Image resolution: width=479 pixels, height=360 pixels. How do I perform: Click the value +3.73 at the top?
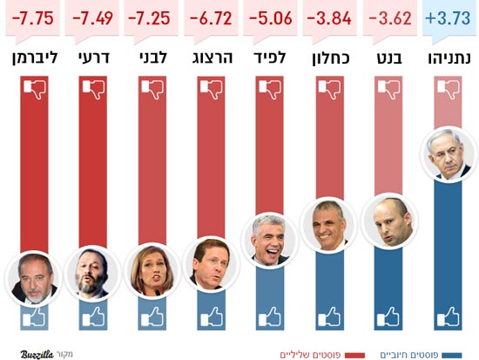point(449,18)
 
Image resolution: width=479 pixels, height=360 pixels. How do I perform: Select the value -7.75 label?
point(32,18)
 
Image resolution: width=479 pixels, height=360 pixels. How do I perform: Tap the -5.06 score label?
point(269,18)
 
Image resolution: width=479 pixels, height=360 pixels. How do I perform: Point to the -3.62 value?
point(388,18)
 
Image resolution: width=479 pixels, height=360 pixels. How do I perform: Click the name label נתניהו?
point(449,59)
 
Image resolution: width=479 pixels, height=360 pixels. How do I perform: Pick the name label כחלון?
point(329,59)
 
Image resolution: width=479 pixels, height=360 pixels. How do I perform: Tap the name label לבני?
point(151,59)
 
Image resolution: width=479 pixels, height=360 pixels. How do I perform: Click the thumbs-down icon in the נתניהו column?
point(449,89)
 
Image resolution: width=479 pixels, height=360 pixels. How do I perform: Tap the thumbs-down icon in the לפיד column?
point(270,89)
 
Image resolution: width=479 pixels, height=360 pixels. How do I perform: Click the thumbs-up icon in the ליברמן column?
point(32,316)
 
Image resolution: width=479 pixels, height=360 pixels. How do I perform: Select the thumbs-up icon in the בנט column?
point(388,316)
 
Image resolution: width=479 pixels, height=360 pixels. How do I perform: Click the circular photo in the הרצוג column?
point(210,264)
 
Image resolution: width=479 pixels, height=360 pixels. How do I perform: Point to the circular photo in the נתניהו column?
point(449,155)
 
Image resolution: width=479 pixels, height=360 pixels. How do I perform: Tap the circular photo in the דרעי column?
point(91,273)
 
